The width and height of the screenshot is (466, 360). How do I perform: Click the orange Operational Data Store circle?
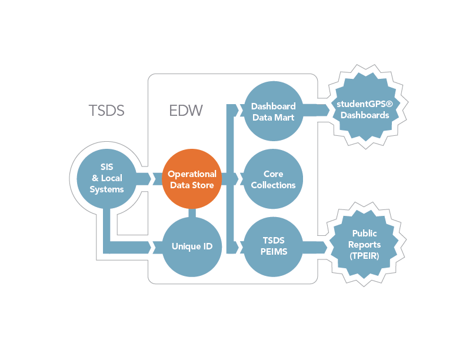[x=192, y=179]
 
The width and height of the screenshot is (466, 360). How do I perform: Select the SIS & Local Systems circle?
[x=106, y=178]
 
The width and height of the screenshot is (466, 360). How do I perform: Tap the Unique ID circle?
[x=192, y=246]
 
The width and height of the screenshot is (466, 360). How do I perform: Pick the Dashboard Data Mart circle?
[x=273, y=111]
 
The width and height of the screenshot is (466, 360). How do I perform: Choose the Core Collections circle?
[x=273, y=179]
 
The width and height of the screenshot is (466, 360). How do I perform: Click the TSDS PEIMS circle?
[x=273, y=246]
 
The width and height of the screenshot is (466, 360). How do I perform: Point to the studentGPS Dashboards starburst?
[x=365, y=107]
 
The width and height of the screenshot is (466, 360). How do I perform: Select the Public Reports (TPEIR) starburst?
[x=364, y=244]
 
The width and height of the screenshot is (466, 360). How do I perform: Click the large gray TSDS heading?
[x=106, y=111]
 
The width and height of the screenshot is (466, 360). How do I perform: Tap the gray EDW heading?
[x=186, y=111]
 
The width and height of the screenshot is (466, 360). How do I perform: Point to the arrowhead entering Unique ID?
[x=153, y=247]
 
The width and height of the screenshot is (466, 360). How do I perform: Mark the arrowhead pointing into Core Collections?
[x=239, y=179]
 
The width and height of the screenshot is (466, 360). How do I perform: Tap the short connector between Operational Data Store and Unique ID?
[x=192, y=213]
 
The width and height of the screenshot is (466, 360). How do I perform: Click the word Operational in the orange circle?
[x=192, y=174]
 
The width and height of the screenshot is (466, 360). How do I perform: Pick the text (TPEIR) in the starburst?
[x=364, y=256]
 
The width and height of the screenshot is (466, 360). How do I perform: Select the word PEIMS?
[x=274, y=252]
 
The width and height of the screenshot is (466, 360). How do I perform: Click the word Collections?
[x=273, y=185]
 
